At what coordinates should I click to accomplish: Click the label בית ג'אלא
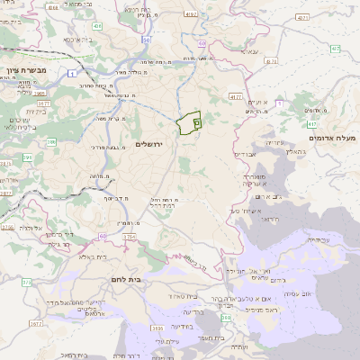[x=91, y=256]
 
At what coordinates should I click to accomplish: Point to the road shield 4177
[x=237, y=95]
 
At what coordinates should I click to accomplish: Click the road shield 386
[x=51, y=141]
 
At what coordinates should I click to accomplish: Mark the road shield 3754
[x=129, y=237]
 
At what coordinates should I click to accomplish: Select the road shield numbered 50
[x=146, y=40]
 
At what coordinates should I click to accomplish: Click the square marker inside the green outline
[x=196, y=118]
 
